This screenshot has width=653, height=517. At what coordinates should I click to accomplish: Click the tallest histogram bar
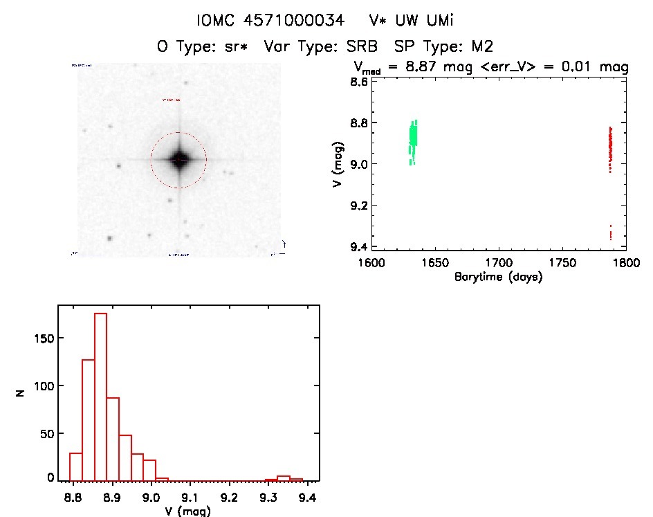pyautogui.click(x=100, y=397)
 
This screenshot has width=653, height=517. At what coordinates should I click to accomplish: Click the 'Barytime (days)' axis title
pyautogui.click(x=498, y=278)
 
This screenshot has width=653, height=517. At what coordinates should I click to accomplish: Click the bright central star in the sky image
pyautogui.click(x=178, y=160)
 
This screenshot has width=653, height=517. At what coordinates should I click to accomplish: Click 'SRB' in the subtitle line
pyautogui.click(x=366, y=46)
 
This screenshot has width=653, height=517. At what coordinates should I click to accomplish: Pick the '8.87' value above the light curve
pyautogui.click(x=425, y=67)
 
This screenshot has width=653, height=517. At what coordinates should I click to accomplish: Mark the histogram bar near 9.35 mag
pyautogui.click(x=283, y=478)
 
